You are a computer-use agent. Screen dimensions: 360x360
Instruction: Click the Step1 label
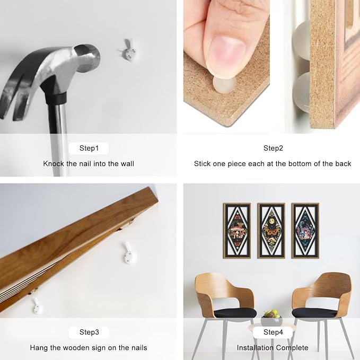coord(89,148)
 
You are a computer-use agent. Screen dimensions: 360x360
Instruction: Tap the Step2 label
coord(273,148)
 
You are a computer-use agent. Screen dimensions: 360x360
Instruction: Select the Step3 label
coord(89,332)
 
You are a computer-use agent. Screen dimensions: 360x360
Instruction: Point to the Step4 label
coord(273,332)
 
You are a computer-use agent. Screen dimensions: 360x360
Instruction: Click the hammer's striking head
coord(89,57)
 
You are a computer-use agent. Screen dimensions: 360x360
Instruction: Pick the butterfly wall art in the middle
coord(271,231)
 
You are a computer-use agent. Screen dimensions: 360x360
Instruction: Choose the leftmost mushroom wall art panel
coord(237,231)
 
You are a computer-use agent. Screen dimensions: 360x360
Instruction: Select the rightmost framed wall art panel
coord(305,231)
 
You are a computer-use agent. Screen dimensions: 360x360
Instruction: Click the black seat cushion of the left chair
coord(235,313)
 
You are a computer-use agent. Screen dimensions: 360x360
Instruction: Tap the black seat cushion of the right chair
coord(315,313)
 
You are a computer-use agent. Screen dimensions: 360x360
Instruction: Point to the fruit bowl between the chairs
coord(271,319)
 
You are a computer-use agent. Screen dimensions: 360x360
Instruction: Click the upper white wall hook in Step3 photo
coord(129,253)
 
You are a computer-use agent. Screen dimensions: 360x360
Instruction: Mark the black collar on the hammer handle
coord(56,98)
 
